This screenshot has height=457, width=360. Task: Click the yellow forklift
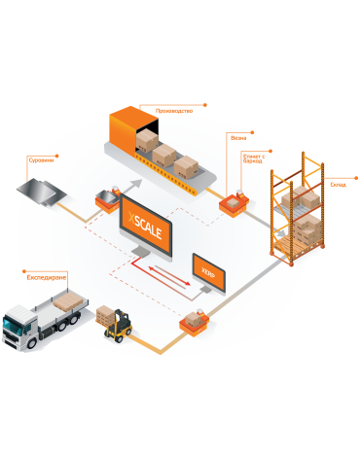120,326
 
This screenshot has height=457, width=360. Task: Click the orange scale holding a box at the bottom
193,322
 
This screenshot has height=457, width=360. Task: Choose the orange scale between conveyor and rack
234,201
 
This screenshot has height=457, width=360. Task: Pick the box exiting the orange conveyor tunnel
147,141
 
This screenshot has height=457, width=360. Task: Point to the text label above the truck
46,277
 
